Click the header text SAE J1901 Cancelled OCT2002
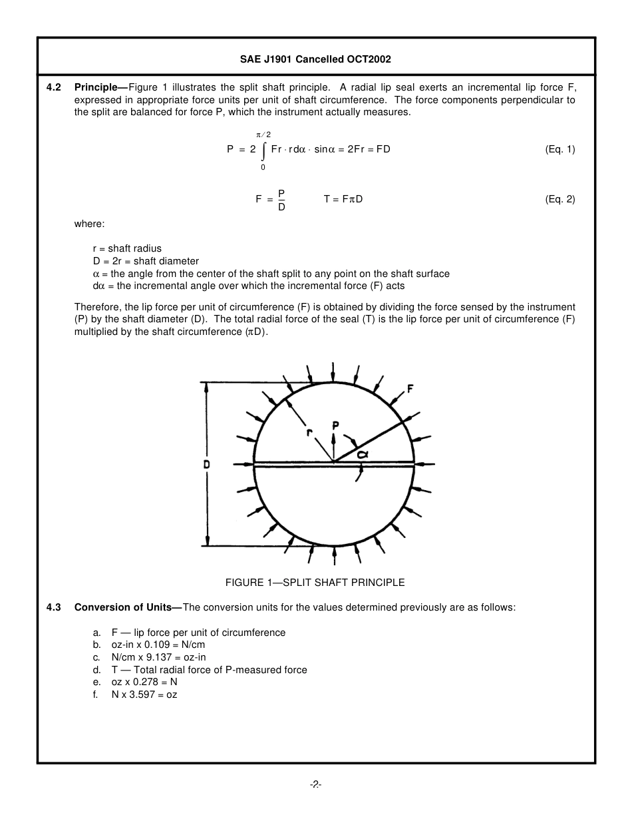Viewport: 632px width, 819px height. click(315, 59)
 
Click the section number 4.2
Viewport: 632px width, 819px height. click(54, 88)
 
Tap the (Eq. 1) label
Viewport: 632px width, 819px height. click(559, 149)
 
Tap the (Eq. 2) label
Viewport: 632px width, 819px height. click(559, 199)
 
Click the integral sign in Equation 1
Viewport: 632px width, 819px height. click(263, 150)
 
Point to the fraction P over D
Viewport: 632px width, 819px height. click(281, 200)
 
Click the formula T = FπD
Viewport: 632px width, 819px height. click(343, 199)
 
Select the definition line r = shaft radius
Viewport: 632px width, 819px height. click(127, 248)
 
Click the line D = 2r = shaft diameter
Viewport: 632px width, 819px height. click(146, 261)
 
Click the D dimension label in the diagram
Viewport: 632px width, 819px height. click(207, 464)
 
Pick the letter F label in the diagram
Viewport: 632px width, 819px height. click(410, 389)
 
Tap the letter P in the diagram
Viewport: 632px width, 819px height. click(336, 425)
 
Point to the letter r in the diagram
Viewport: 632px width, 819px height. click(310, 432)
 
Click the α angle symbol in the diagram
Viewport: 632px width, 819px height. click(363, 453)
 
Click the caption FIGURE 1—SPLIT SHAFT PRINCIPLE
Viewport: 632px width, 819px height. click(315, 583)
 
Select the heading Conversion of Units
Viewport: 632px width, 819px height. click(123, 607)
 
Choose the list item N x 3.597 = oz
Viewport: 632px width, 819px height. click(144, 694)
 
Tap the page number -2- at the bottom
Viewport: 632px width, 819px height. click(315, 785)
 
